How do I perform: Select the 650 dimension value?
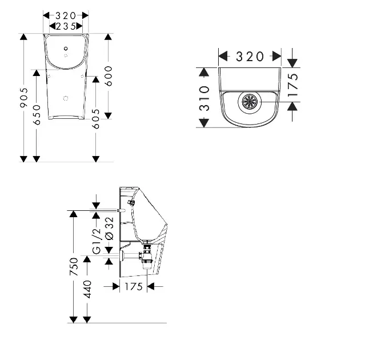click(37, 115)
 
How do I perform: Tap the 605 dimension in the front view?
click(96, 118)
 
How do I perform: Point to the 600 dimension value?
click(109, 76)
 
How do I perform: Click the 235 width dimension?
click(66, 26)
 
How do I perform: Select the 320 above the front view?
click(66, 15)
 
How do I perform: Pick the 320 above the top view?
click(250, 56)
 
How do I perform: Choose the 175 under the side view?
click(134, 286)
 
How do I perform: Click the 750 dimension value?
click(74, 267)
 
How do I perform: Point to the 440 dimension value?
click(87, 289)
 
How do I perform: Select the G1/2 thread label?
click(97, 241)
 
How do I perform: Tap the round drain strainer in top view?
click(250, 103)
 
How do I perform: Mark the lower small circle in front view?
click(66, 98)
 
